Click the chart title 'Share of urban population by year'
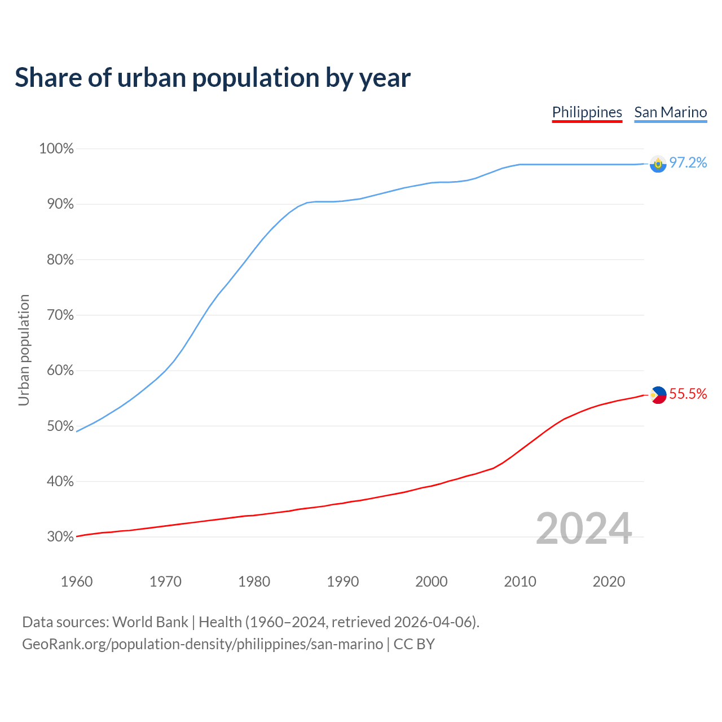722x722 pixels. [213, 78]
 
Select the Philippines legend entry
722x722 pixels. [587, 112]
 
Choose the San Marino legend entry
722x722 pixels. [670, 112]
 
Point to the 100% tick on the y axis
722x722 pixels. [56, 149]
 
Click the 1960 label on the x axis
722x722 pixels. [77, 582]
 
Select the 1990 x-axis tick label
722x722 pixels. [342, 582]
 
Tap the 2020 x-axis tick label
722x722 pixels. [609, 582]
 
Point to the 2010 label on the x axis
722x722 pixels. [520, 582]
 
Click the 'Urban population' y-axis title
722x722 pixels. [24, 350]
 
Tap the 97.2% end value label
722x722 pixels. [688, 163]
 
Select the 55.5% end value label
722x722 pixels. [688, 394]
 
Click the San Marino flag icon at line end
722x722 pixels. [658, 164]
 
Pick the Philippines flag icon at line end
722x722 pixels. [658, 395]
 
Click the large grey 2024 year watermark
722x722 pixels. [584, 529]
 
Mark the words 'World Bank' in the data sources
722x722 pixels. [150, 622]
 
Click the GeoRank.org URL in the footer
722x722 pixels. [202, 644]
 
